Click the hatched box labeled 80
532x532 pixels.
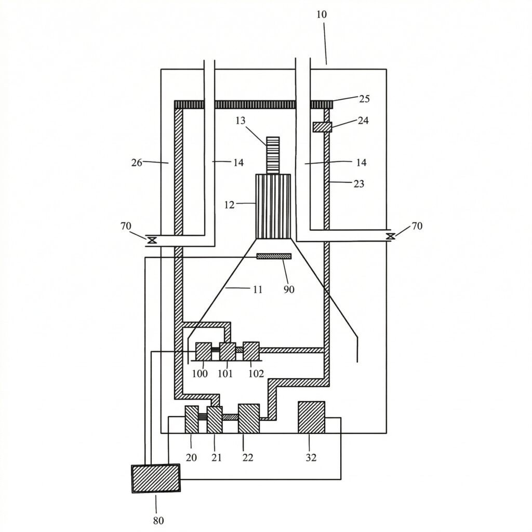(156, 478)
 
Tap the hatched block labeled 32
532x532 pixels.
(312, 417)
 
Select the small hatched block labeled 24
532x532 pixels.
(322, 127)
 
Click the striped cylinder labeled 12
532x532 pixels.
(273, 206)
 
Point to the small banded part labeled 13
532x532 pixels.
(273, 155)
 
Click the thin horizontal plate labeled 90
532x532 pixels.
(274, 256)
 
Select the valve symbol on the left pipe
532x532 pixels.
(152, 240)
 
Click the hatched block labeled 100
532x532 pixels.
(204, 351)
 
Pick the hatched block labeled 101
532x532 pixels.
(228, 351)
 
